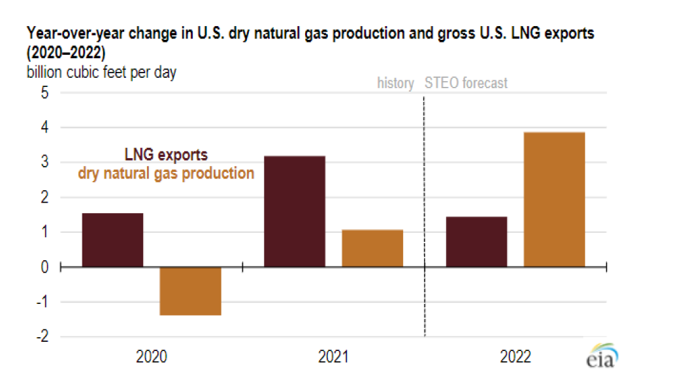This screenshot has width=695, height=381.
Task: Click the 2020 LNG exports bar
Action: [112, 240]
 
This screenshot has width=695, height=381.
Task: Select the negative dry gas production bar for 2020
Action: [191, 291]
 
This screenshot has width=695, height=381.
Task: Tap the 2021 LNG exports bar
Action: [294, 211]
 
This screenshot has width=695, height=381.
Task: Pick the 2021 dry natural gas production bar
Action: [372, 248]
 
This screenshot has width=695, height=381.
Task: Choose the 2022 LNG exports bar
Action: [476, 242]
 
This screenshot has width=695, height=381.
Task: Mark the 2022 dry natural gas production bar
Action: [554, 199]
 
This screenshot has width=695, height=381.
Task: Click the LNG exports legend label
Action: [166, 155]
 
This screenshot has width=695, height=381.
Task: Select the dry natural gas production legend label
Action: [166, 173]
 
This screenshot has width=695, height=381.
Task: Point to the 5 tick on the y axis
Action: [44, 93]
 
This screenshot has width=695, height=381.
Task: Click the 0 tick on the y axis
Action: [44, 267]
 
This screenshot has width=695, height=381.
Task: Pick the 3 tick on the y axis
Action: [44, 162]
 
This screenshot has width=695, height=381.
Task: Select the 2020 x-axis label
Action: [152, 357]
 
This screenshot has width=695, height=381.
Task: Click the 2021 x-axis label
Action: [334, 357]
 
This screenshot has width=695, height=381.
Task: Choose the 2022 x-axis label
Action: [516, 357]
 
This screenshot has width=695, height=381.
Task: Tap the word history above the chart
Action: [395, 84]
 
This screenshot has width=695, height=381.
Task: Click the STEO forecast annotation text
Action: [466, 84]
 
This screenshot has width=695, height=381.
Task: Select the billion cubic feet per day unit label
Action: [101, 72]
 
